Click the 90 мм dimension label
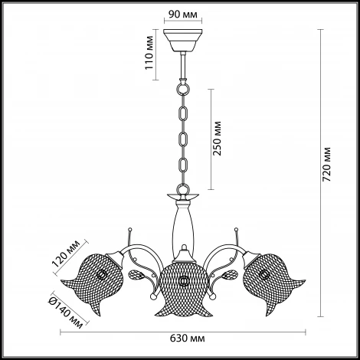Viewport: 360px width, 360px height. [183, 15]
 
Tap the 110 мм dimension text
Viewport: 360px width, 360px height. [149, 53]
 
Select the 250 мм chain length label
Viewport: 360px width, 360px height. [218, 138]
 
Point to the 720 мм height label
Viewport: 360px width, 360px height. [326, 164]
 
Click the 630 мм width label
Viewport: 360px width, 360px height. [188, 339]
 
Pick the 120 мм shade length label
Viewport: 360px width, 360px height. [66, 253]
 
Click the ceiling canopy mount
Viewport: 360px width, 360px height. [183, 41]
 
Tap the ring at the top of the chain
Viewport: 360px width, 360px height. [183, 89]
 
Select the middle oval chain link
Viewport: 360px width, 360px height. [183, 139]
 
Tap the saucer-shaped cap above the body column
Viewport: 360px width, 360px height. [183, 196]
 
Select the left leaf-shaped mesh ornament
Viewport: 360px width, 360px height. [137, 275]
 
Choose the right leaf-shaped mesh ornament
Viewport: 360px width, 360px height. [229, 275]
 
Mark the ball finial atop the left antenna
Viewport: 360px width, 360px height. [130, 228]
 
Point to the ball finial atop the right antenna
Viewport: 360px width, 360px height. [236, 228]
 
